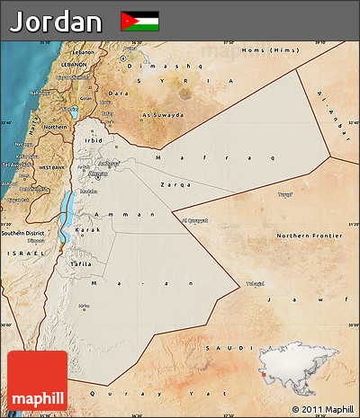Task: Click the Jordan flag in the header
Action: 139,20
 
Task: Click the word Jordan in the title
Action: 56,21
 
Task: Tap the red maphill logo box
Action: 37,380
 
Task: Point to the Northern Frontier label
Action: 303,236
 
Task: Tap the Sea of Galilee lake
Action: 72,112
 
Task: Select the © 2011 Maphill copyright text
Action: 323,409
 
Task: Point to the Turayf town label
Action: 285,193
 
